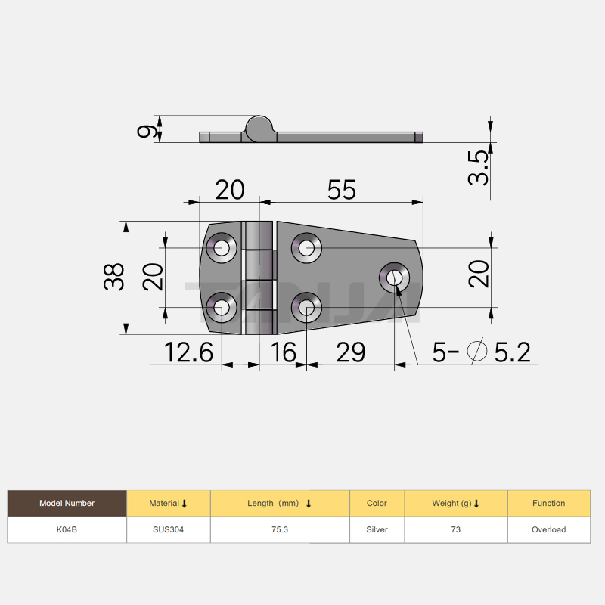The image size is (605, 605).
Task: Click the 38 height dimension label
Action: [x=114, y=277]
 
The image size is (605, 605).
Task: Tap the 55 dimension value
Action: [x=342, y=190]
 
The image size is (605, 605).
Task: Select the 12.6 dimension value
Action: [x=188, y=352]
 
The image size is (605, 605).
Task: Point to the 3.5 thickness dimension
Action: [x=478, y=168]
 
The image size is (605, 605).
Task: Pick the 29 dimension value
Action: [x=350, y=352]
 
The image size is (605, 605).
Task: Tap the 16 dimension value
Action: [x=284, y=352]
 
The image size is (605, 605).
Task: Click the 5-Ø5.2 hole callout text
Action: [x=481, y=352]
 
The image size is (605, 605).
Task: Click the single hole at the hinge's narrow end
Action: [x=394, y=278]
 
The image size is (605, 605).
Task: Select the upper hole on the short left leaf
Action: [x=222, y=248]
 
